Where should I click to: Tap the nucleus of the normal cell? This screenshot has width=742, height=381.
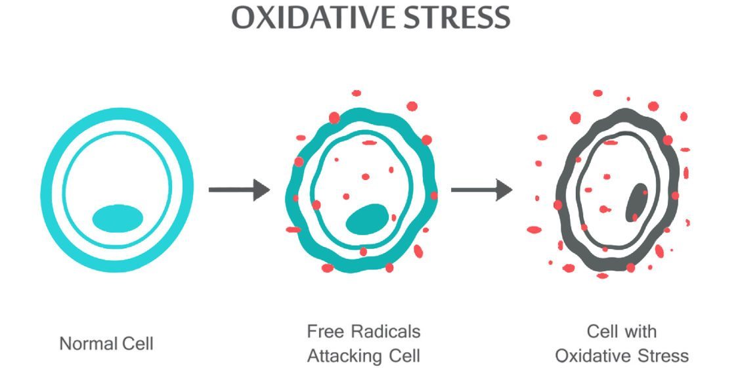point(118,218)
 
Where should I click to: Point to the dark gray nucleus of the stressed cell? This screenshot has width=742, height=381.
point(635,203)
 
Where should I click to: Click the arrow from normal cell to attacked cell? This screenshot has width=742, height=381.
point(239,190)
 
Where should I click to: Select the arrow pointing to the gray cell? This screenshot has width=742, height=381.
point(481,190)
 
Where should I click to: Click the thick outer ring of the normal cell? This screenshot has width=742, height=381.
point(48,190)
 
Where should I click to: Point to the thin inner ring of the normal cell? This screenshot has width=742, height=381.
point(65,190)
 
